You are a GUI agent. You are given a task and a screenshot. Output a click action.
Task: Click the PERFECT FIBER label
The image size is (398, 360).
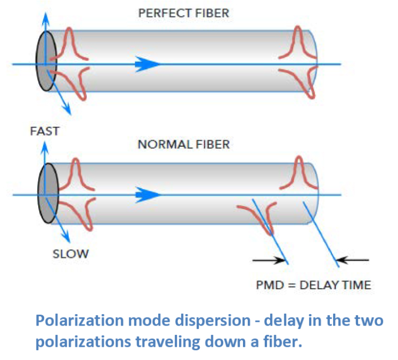(x=183, y=13)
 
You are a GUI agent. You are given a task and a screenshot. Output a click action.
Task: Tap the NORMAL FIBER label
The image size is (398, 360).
(x=183, y=145)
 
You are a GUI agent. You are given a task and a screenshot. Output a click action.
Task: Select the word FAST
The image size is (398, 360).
(x=45, y=131)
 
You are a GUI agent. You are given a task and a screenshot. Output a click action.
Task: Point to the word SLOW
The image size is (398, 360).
(x=70, y=254)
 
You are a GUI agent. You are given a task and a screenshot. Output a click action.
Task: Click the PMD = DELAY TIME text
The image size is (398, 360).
(x=313, y=285)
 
